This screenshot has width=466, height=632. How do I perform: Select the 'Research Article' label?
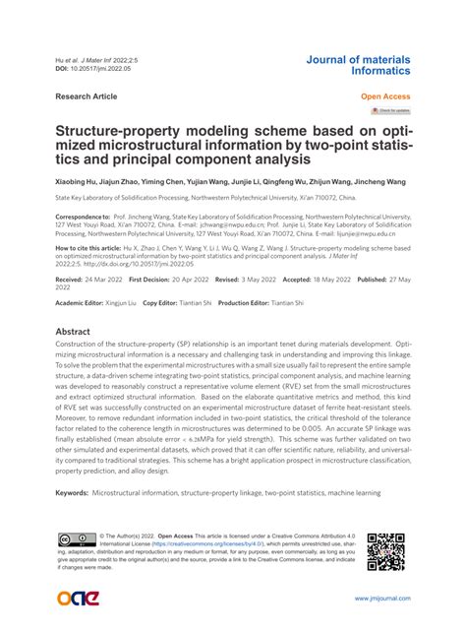[86, 96]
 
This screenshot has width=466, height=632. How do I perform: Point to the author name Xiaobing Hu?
[80, 182]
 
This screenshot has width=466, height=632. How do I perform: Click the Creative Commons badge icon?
[75, 540]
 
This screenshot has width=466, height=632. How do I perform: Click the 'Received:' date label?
[70, 280]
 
